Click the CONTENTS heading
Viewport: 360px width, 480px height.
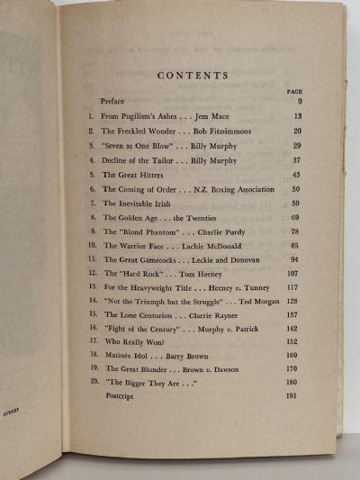pos(193,76)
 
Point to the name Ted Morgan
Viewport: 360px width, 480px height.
pos(260,301)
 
